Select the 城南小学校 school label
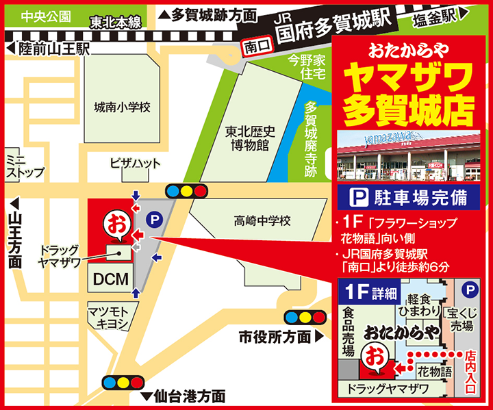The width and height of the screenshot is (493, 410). pos(122,107)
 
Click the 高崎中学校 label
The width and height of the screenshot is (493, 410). pos(263,221)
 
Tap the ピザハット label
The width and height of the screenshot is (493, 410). pos(135,163)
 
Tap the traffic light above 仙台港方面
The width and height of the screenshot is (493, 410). pos(123,381)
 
